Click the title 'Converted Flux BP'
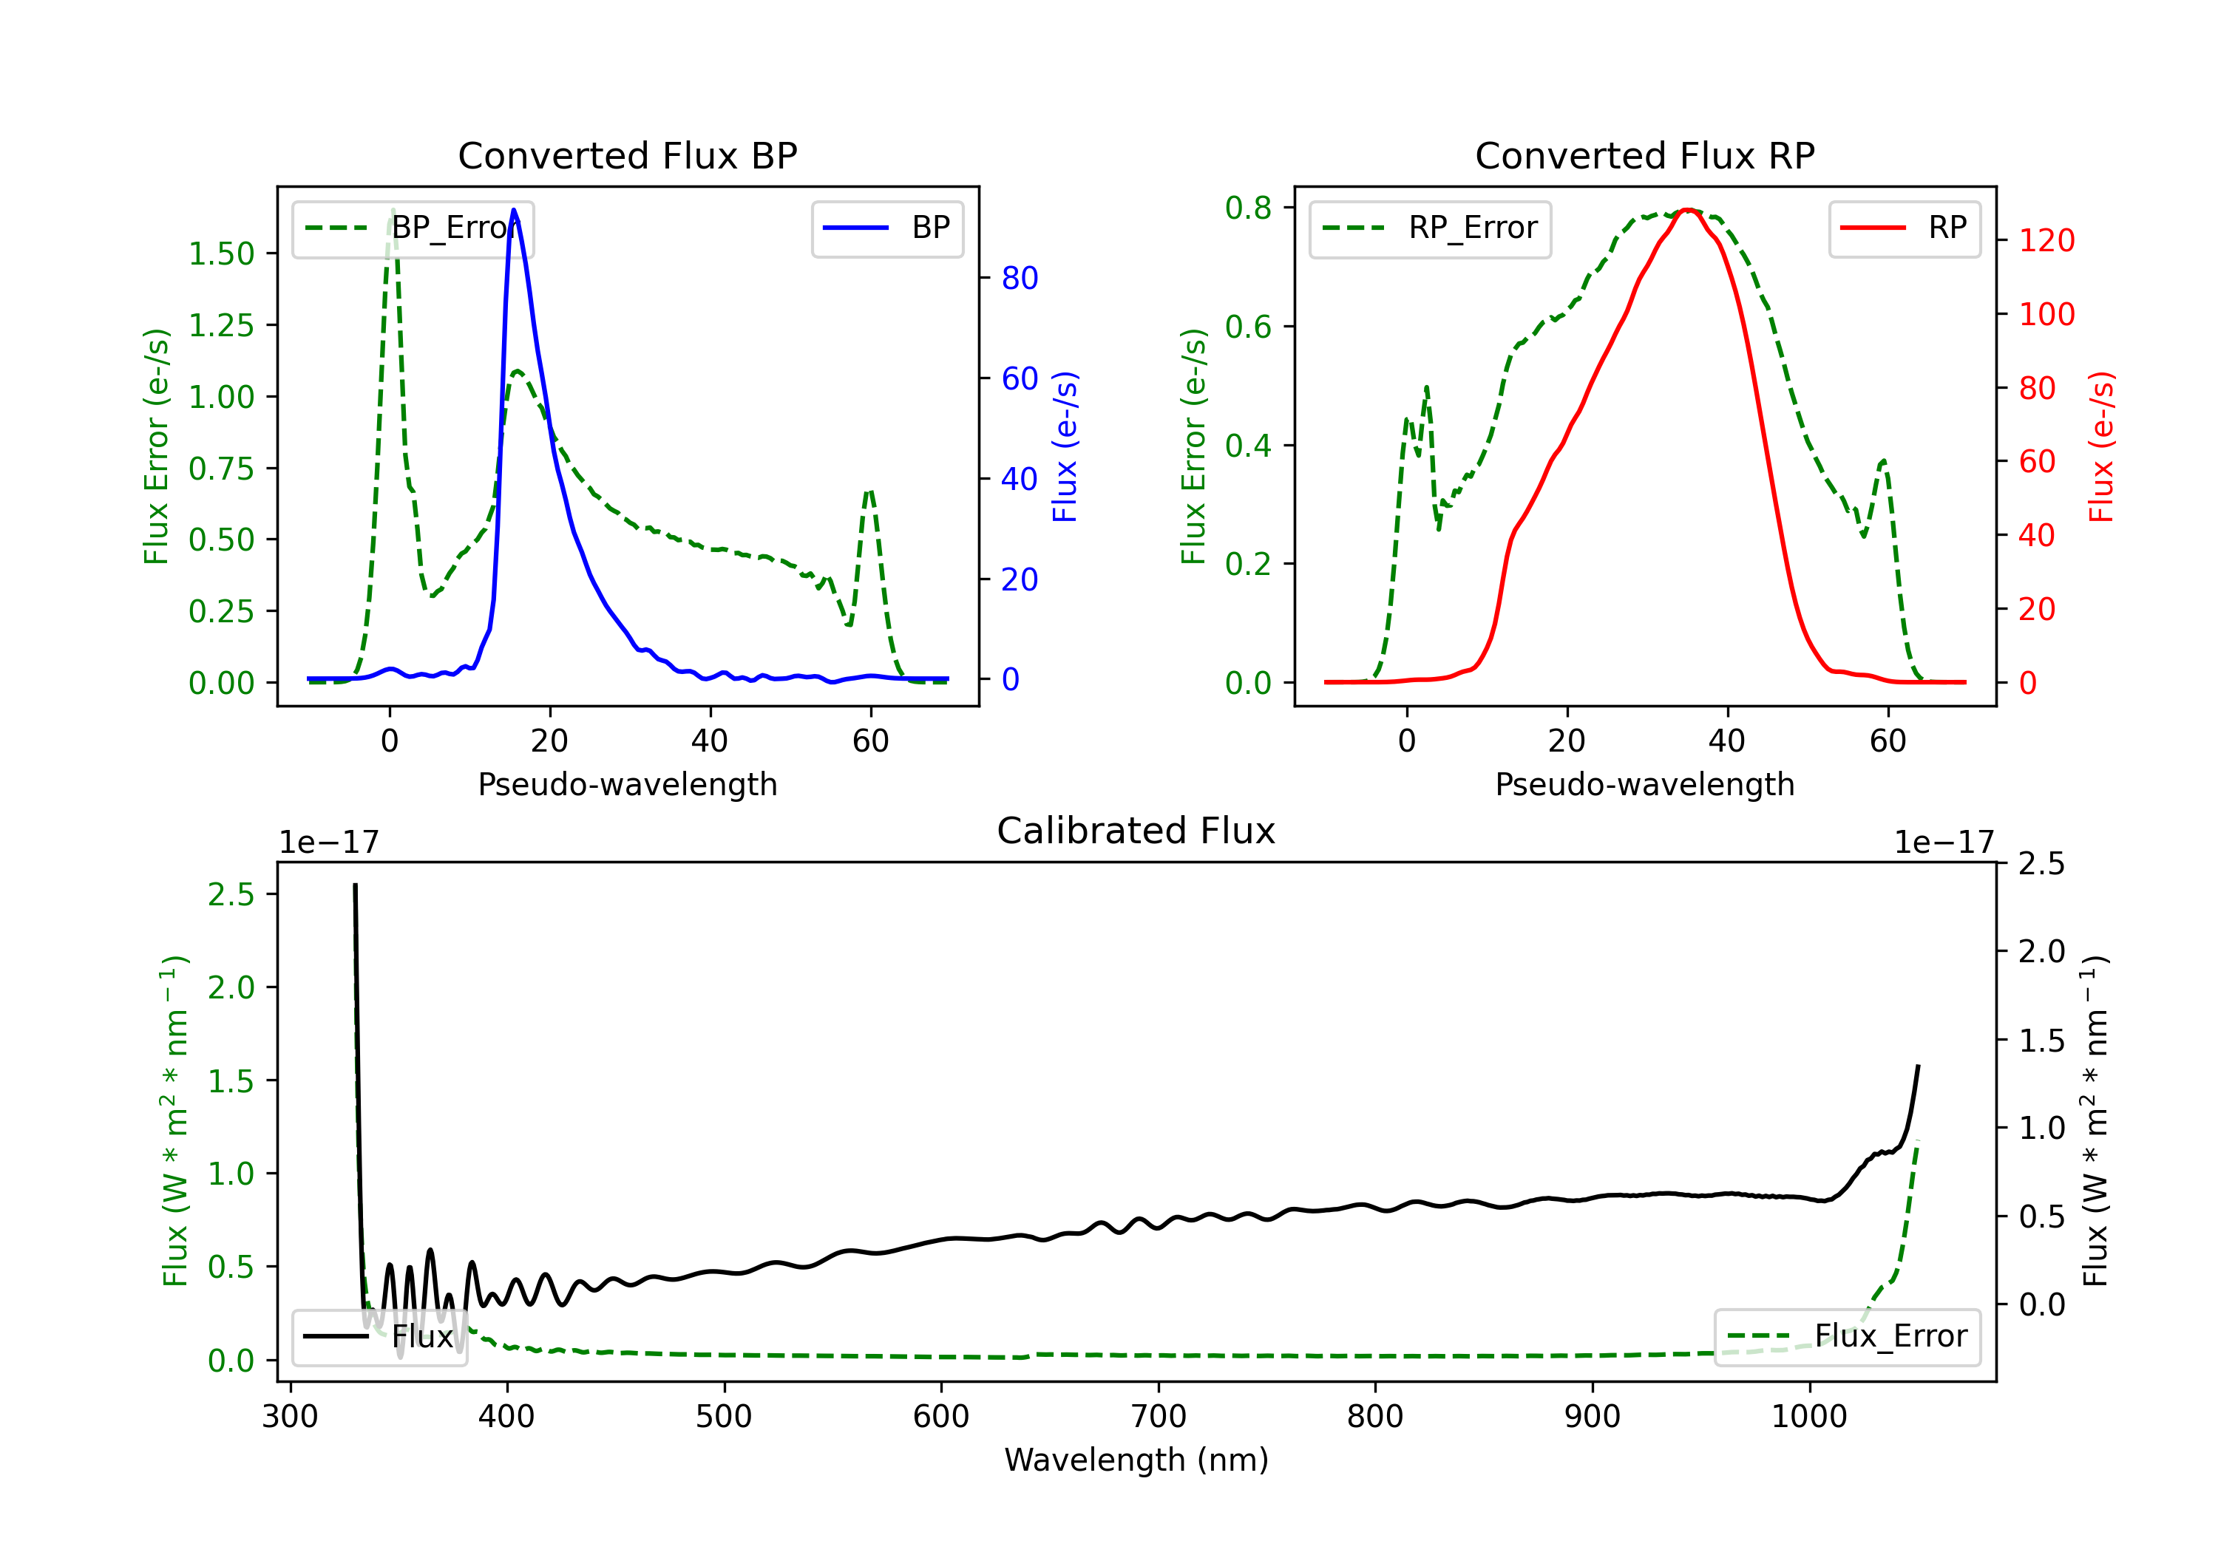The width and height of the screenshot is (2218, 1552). click(627, 155)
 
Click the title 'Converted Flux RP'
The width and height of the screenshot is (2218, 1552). click(1644, 155)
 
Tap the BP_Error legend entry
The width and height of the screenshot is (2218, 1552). click(413, 228)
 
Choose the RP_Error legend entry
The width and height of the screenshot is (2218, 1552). click(1430, 228)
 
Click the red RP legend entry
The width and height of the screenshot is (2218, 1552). click(1902, 228)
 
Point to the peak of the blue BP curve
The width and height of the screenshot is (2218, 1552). click(514, 210)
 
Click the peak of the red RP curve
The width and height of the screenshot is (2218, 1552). click(1686, 210)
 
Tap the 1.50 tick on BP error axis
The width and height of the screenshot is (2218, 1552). click(221, 254)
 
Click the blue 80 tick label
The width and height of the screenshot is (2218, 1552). click(1019, 278)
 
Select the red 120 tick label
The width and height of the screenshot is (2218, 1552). click(2046, 240)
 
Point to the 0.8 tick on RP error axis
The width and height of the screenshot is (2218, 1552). click(1247, 208)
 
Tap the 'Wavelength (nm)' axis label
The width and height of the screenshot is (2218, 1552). click(1136, 1460)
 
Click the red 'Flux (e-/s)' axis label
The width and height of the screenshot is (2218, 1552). click(2101, 446)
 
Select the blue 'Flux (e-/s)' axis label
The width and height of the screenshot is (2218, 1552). click(1065, 446)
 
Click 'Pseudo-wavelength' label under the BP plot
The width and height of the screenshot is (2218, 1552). click(627, 784)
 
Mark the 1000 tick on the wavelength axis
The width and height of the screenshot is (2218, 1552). click(1808, 1417)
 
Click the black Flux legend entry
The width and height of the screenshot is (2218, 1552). click(380, 1337)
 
